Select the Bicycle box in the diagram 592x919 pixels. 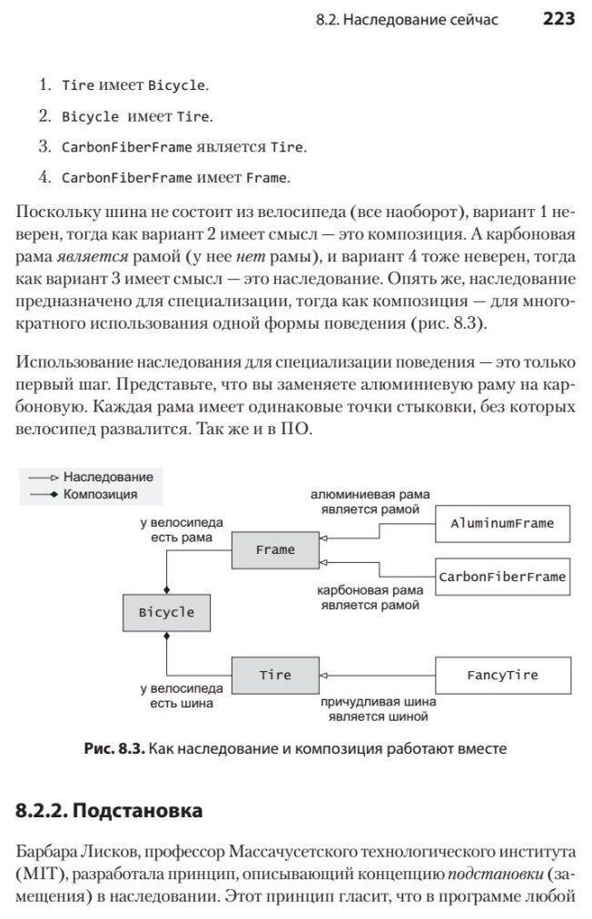tap(166, 611)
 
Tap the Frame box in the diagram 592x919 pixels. tap(275, 549)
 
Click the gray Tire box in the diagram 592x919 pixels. tap(275, 675)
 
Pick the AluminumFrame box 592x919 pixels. tap(502, 524)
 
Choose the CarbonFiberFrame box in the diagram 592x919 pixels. tap(502, 576)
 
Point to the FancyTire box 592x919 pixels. tap(502, 675)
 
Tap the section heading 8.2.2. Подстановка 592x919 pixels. tap(109, 810)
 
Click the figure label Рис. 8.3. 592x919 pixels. tap(114, 749)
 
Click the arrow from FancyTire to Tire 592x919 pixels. tap(378, 675)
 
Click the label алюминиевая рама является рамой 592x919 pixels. tap(370, 502)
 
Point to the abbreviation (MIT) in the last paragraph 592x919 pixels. tap(38, 875)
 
